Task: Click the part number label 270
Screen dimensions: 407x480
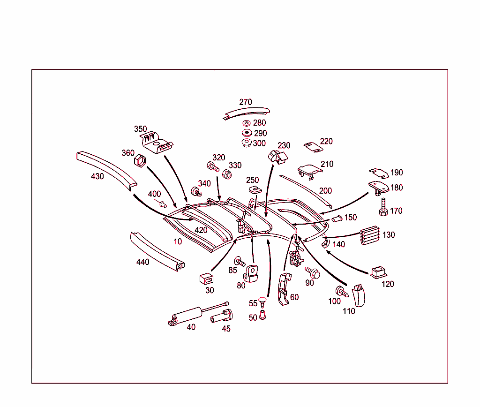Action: [x=246, y=102]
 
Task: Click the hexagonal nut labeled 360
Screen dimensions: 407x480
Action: [x=141, y=162]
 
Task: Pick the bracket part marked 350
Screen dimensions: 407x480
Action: [x=157, y=143]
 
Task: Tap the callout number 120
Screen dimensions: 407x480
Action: [x=388, y=284]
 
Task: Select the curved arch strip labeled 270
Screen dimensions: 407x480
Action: [x=247, y=113]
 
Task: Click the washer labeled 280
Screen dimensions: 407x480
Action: [x=246, y=123]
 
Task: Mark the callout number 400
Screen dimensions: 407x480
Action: [x=154, y=194]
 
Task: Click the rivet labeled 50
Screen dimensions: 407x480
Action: [x=263, y=317]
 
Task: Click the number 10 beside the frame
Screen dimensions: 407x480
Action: [x=178, y=241]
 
